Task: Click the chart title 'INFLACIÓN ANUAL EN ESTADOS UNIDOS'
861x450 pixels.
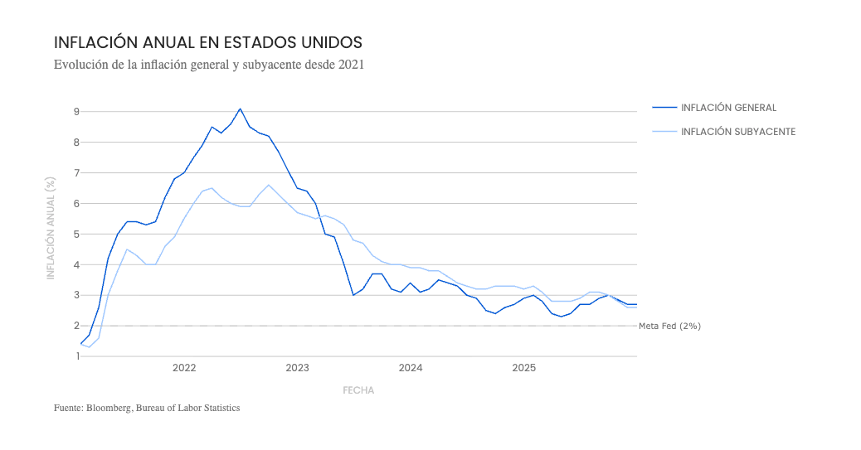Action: (x=208, y=42)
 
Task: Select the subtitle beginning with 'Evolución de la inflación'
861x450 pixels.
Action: (x=209, y=65)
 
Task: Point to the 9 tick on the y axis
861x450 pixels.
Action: (x=76, y=111)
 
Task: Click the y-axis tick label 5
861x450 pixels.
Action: (x=76, y=235)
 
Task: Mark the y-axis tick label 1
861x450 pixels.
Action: (x=77, y=356)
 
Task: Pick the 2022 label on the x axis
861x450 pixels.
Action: (x=184, y=368)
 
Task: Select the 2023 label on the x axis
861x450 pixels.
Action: (x=297, y=368)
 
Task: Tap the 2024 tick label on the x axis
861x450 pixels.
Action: (x=411, y=368)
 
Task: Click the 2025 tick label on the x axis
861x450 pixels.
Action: (x=524, y=368)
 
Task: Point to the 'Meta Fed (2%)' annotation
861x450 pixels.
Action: (x=669, y=326)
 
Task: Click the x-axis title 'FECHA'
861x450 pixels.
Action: (x=358, y=390)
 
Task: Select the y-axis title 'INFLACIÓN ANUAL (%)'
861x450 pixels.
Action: (x=51, y=228)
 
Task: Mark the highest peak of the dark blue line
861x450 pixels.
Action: (x=240, y=109)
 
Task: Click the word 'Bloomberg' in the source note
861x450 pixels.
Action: (x=109, y=409)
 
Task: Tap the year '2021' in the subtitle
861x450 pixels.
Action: (x=351, y=65)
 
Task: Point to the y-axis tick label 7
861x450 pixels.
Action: (x=76, y=173)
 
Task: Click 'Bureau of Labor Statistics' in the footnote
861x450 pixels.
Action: (x=187, y=409)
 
